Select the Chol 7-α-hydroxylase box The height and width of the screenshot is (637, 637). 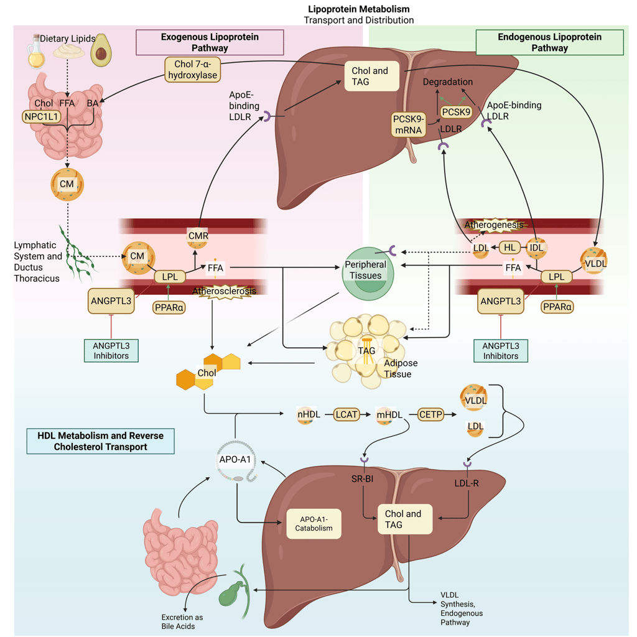[192, 69]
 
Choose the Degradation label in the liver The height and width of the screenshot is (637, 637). [448, 81]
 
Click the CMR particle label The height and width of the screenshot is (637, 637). [198, 236]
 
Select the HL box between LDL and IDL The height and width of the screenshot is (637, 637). [509, 247]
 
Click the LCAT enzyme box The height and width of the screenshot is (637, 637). [347, 414]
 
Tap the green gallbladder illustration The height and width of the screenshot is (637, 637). [230, 588]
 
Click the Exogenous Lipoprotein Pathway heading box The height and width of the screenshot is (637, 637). [210, 42]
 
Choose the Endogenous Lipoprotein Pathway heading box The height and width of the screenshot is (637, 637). [549, 42]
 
